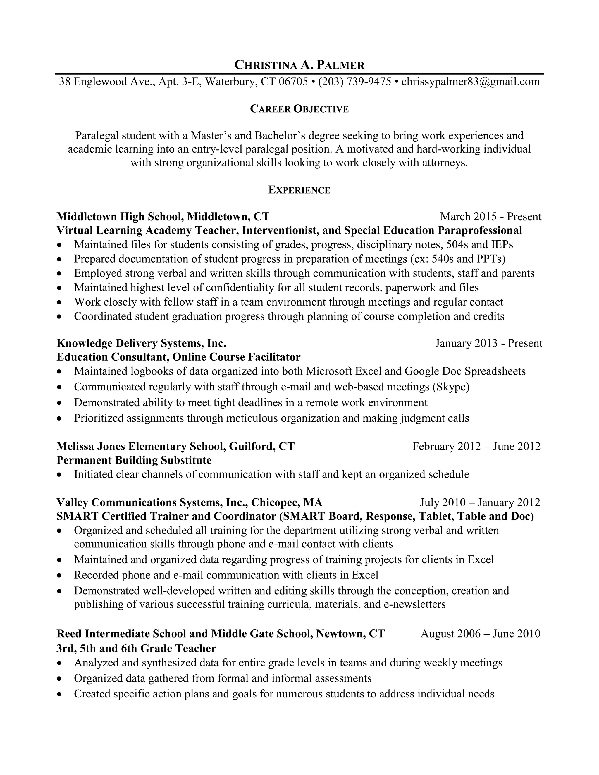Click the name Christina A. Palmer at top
coord(299,65)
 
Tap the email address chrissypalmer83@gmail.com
coord(471,82)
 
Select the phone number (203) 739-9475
coord(354,82)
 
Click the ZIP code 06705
coord(293,82)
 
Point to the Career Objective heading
coord(299,109)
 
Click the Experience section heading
coord(299,190)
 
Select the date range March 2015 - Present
coord(490,216)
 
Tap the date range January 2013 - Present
coord(489,343)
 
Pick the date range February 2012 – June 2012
coord(476,446)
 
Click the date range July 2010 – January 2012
coord(480,502)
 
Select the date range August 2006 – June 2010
coord(480,633)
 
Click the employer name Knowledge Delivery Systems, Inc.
coord(141,343)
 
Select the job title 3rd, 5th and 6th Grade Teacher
coord(136,648)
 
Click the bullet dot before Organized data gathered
coord(59,679)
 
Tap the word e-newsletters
coord(414,604)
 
